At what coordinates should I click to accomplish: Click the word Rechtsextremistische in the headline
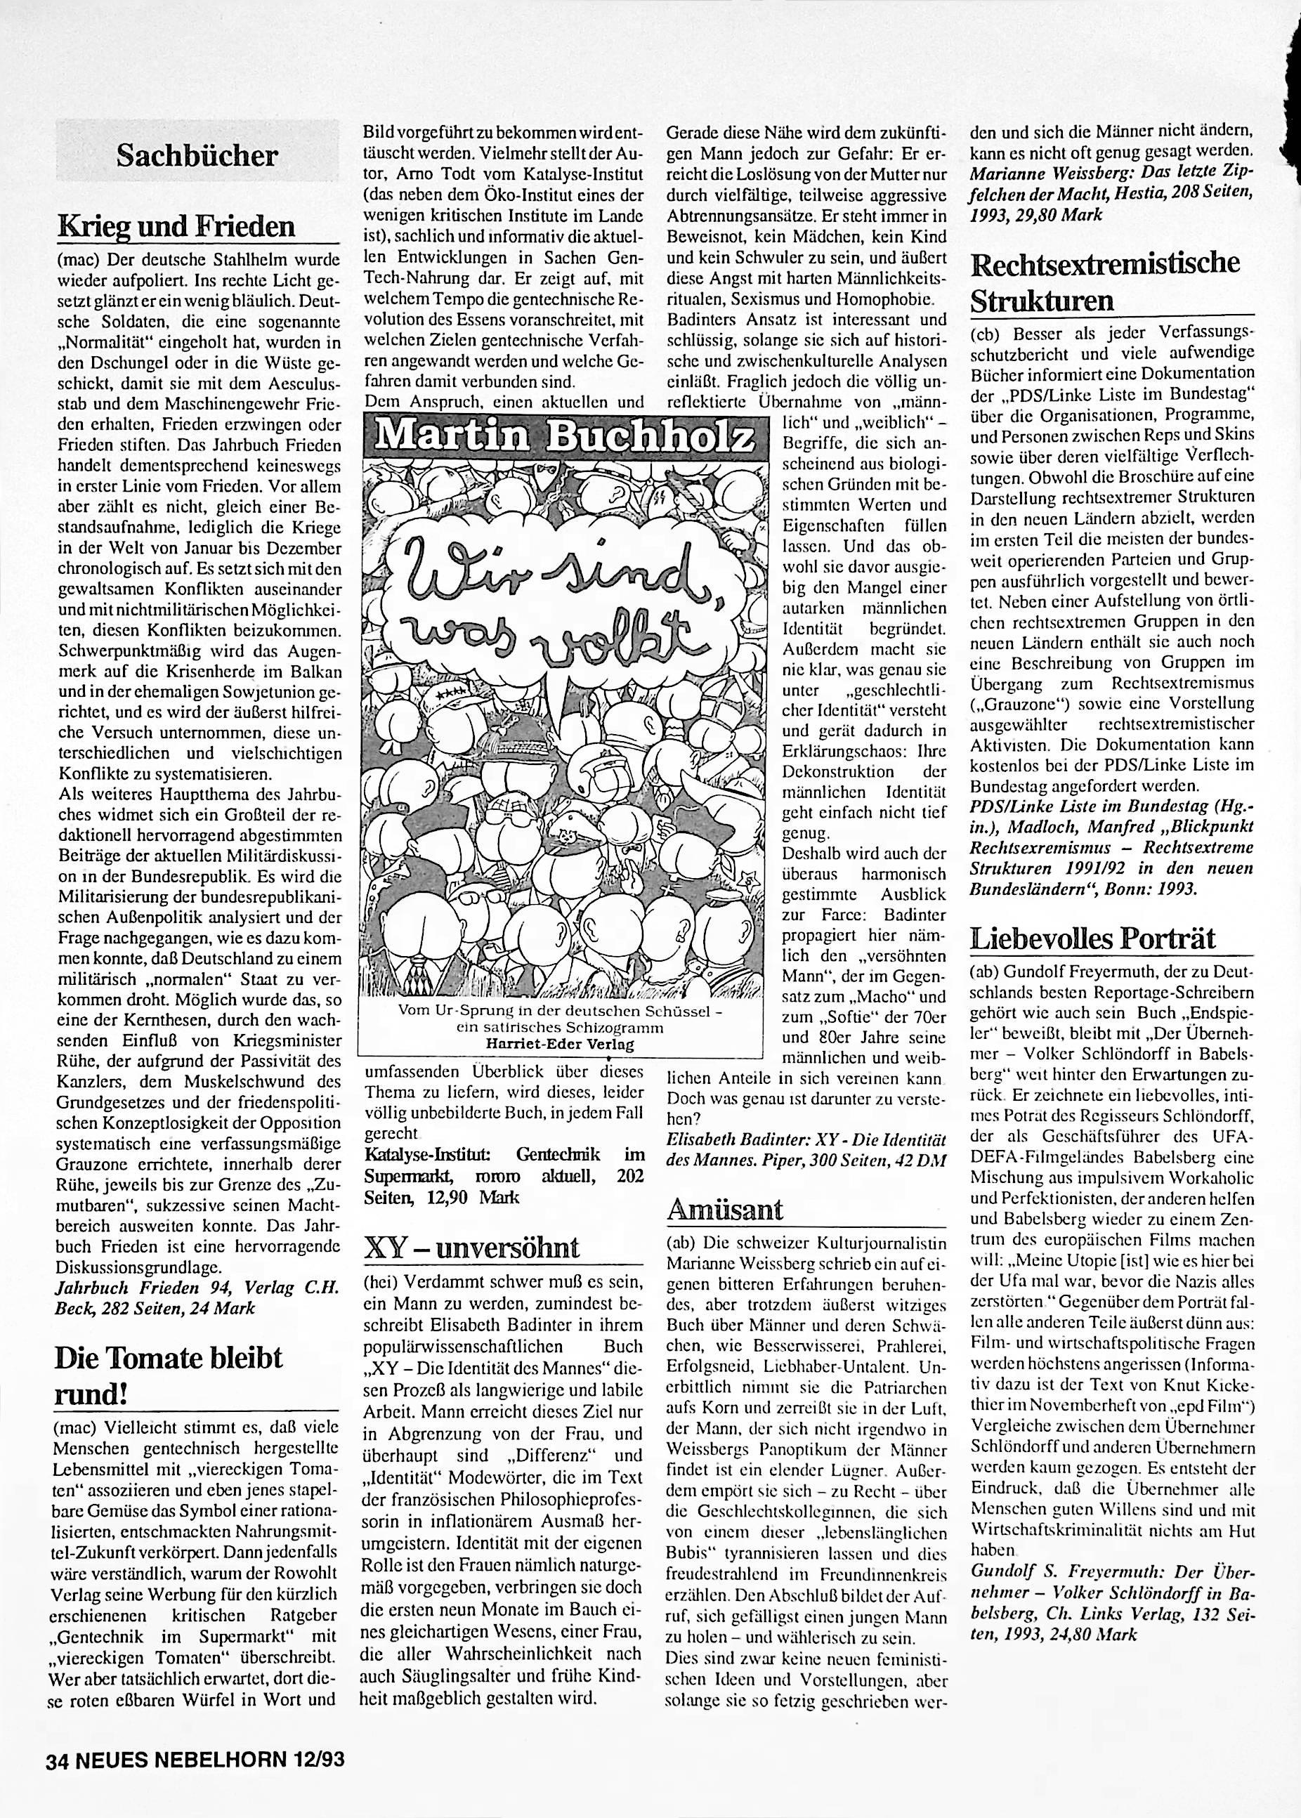point(1106,263)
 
